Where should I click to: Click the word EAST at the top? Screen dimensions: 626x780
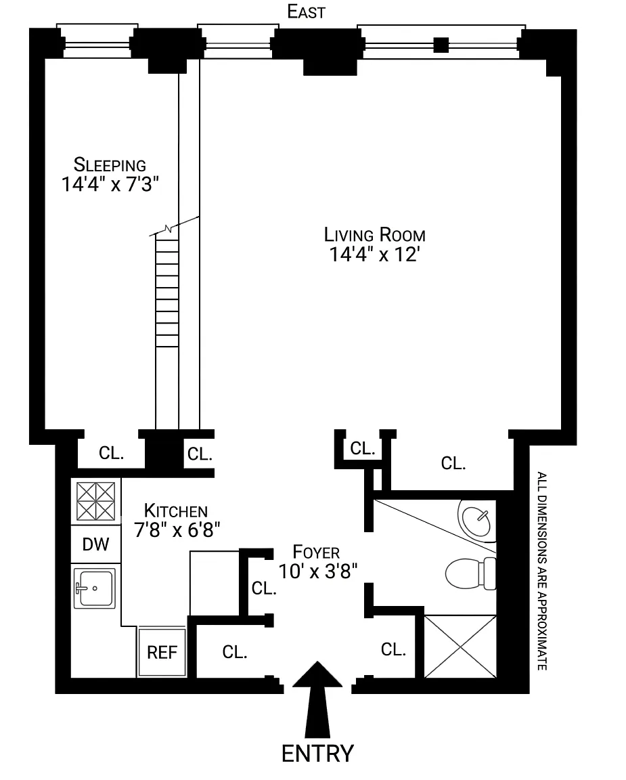307,12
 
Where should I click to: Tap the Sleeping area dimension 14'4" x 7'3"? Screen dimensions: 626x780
110,185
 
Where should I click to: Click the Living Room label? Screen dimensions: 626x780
374,234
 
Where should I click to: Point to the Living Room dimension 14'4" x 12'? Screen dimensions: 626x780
374,254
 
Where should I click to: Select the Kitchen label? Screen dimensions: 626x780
175,511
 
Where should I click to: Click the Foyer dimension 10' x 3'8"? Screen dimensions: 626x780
317,571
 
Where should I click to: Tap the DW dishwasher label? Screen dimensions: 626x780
95,544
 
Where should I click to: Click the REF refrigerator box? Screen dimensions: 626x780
162,651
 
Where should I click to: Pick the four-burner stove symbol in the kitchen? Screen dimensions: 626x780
95,502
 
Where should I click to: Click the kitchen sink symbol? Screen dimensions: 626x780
95,588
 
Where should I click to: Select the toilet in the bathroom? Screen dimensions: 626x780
470,573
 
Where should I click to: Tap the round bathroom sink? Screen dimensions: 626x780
477,521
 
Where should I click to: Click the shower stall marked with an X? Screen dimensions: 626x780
460,647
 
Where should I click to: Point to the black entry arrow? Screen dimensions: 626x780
317,699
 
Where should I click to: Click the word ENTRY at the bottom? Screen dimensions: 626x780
317,754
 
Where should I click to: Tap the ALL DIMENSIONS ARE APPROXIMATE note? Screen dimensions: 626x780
542,571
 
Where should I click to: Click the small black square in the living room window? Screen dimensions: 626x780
441,45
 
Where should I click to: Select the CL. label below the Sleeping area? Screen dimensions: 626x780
112,453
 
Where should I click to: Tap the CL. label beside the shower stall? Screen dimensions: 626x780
393,649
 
